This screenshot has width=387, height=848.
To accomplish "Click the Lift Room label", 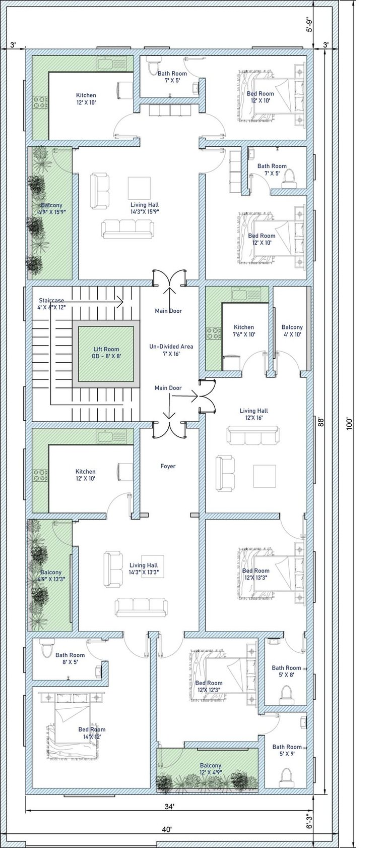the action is [x=106, y=353].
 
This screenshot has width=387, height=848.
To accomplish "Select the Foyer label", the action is [x=168, y=466].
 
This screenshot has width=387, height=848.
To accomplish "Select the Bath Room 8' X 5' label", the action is [x=70, y=658].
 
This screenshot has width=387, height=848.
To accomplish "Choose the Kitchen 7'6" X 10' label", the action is [x=244, y=330].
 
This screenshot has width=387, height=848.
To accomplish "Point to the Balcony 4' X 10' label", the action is [x=292, y=330].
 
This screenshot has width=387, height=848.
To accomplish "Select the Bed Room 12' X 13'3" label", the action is [x=255, y=574].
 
